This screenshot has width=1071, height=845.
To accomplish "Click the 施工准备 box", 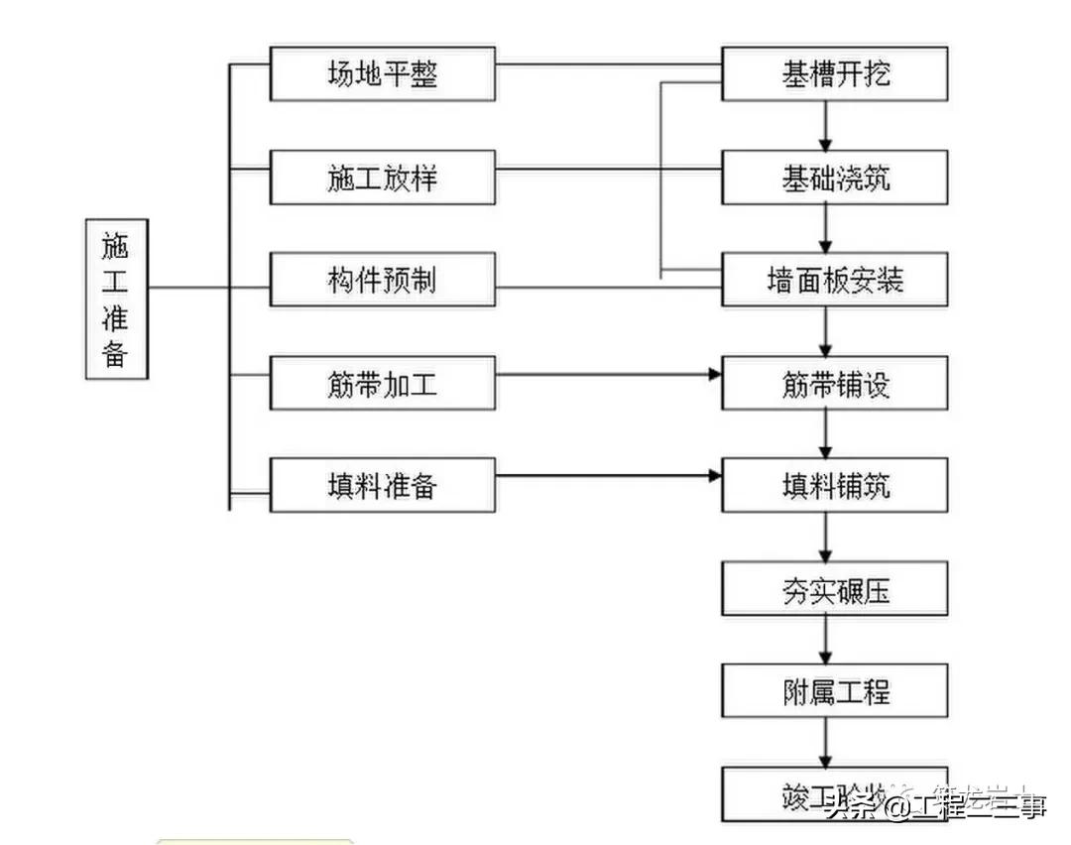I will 115,299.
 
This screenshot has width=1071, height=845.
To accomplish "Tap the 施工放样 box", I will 382,179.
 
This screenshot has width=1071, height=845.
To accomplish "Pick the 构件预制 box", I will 382,281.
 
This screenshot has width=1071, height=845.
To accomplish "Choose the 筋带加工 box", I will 382,384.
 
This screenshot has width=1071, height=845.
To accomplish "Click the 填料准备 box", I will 382,486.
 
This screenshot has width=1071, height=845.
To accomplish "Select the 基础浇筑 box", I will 835,179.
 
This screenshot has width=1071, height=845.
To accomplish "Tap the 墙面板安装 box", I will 835,281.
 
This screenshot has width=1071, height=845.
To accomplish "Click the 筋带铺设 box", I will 835,384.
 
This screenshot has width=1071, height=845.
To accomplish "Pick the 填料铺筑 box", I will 835,486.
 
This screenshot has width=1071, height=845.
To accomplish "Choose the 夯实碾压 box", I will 835,590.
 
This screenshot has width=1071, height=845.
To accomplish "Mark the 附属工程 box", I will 835,691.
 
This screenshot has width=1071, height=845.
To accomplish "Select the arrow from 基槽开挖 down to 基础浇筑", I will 825,126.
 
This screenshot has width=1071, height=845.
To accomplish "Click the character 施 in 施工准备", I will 115,244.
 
